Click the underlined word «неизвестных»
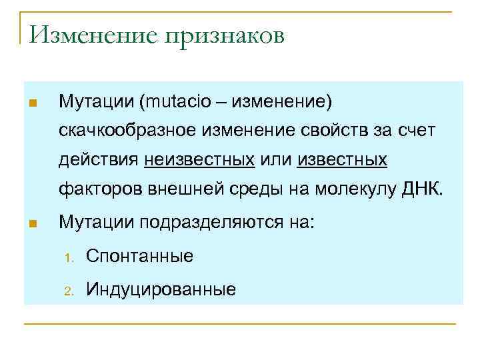(199, 161)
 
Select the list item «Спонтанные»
(139, 255)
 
